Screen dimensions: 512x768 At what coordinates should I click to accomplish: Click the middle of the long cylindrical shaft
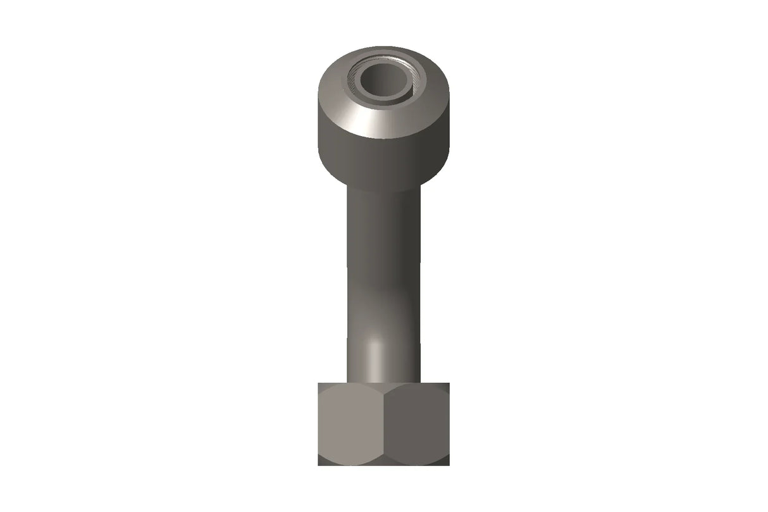(383, 272)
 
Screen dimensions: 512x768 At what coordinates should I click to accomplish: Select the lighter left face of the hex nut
(351, 424)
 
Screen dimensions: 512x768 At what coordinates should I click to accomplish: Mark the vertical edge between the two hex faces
(384, 424)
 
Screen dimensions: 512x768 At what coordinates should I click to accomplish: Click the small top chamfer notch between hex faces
(384, 387)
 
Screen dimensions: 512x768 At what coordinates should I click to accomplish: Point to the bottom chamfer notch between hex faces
(384, 462)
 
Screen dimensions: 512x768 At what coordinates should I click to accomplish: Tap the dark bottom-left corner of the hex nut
(321, 463)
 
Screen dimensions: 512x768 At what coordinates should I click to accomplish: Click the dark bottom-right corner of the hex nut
(447, 463)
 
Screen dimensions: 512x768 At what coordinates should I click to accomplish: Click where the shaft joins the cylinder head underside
(383, 189)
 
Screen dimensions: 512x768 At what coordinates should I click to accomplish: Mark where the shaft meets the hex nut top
(383, 382)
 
